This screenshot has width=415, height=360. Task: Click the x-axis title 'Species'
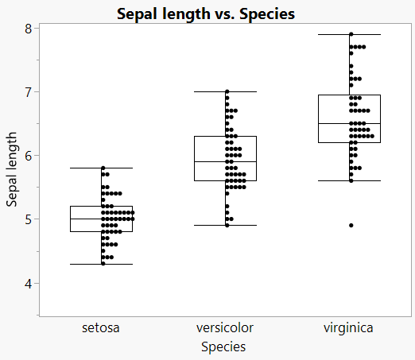223,346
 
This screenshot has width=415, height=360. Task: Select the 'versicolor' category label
225,327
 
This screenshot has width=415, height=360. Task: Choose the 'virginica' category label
348,327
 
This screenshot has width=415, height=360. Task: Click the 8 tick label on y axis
27,29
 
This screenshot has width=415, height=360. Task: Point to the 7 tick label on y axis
27,92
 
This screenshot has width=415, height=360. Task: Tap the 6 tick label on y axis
27,156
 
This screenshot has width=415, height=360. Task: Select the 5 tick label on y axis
27,219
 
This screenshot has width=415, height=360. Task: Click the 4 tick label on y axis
27,283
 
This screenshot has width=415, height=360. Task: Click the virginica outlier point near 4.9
351,226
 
